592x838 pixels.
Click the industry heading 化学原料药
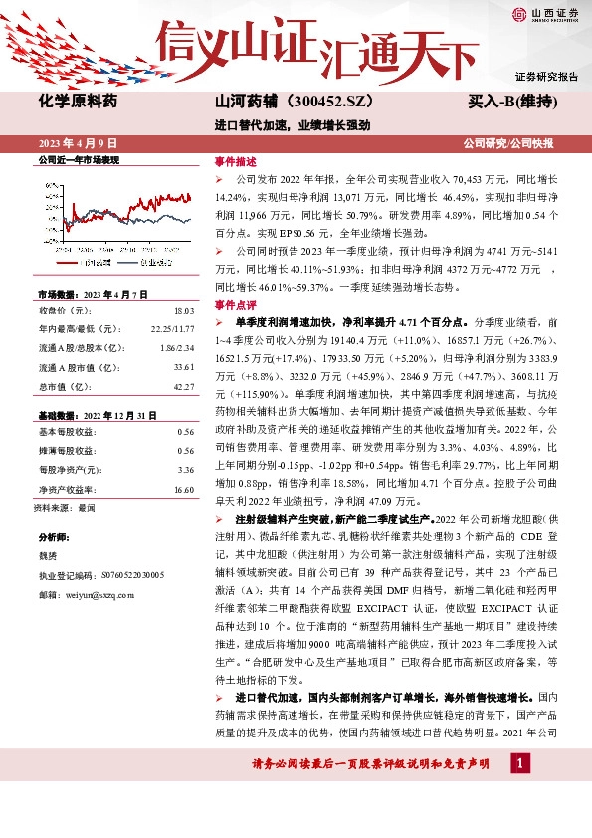[78, 101]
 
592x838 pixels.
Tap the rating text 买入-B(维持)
[511, 101]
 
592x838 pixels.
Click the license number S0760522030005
[129, 576]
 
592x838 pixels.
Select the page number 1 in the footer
[518, 762]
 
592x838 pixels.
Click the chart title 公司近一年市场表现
[78, 160]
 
